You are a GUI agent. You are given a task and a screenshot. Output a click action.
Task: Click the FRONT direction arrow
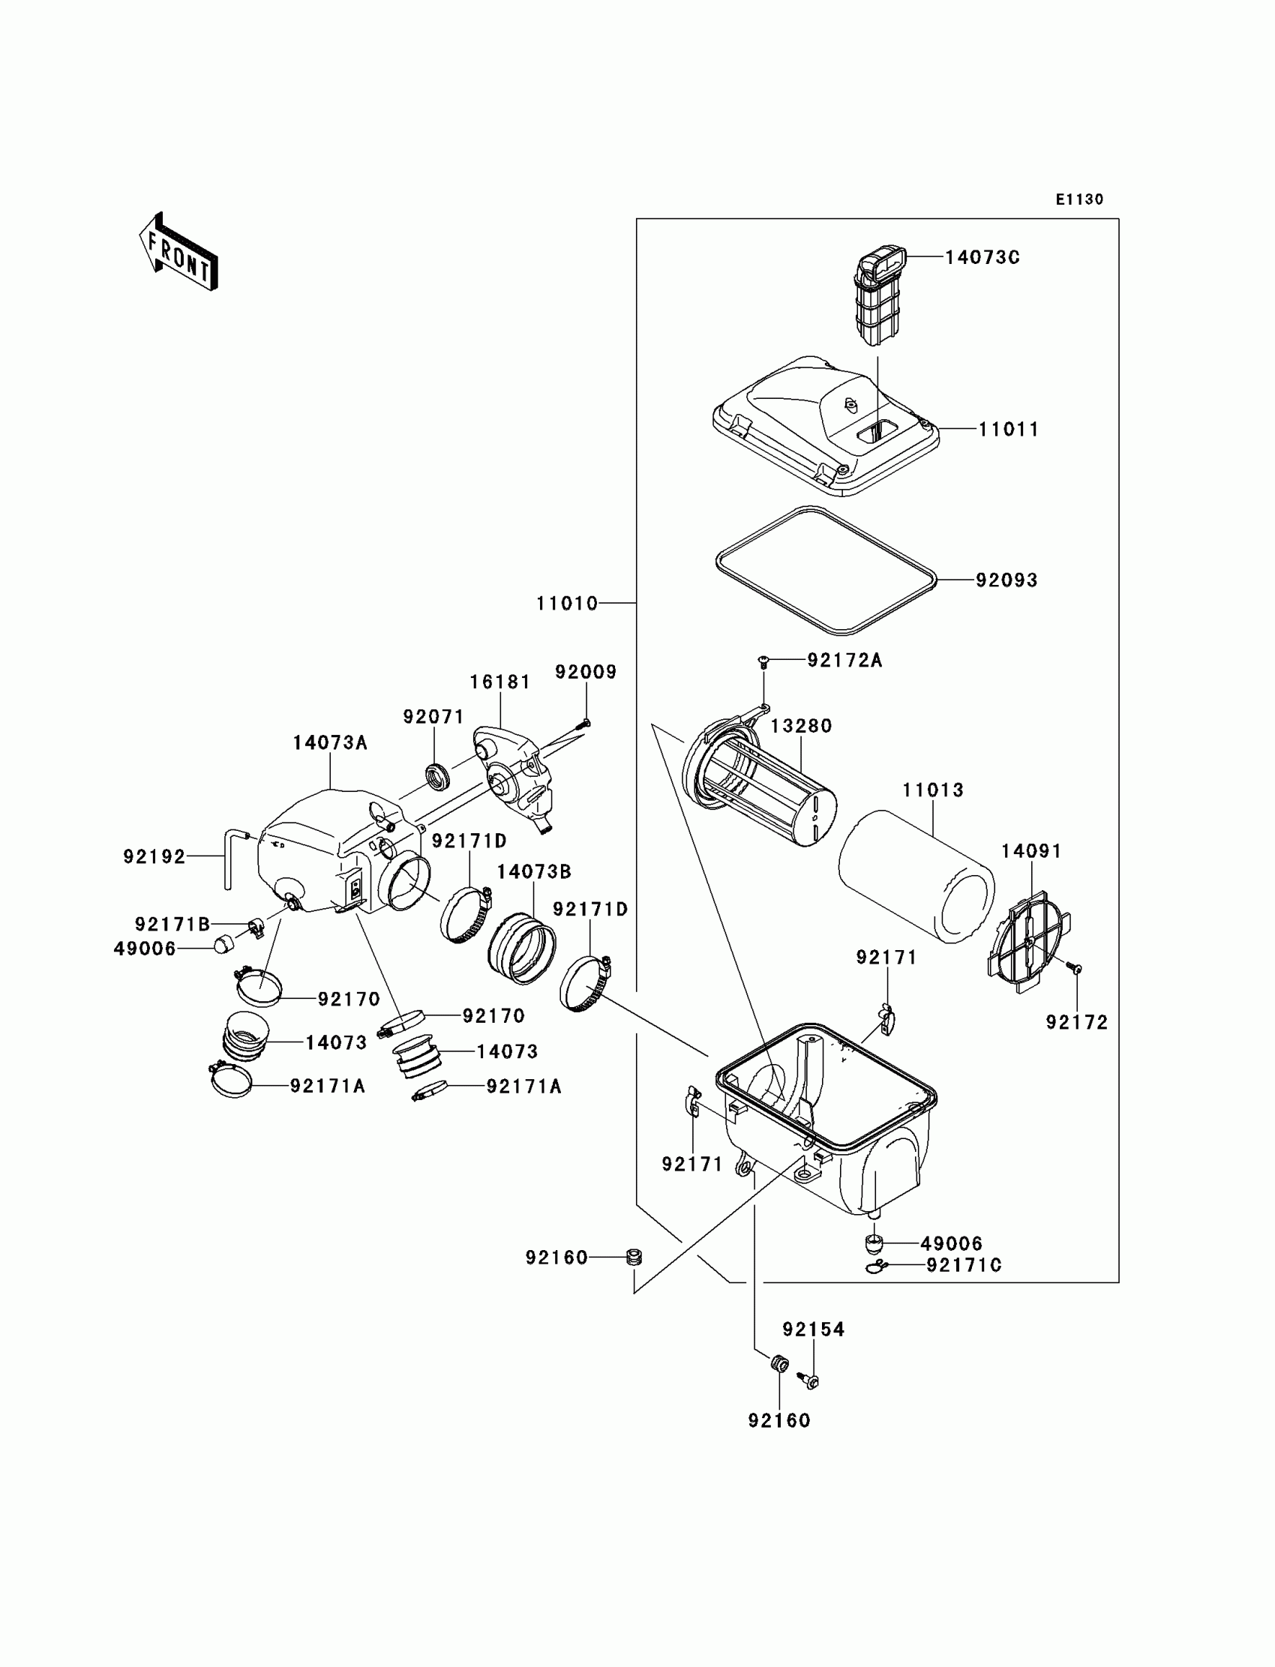(179, 252)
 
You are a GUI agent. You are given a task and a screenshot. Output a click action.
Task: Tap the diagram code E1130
(1079, 199)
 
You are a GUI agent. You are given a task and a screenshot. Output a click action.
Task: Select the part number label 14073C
(982, 258)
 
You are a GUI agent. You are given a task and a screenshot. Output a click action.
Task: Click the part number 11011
(1008, 430)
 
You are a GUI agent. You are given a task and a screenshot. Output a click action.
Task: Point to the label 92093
(1006, 580)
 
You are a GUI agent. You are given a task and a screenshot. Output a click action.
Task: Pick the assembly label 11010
(567, 604)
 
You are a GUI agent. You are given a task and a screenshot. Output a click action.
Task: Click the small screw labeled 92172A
(764, 662)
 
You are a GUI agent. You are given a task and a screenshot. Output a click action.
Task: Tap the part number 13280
(801, 726)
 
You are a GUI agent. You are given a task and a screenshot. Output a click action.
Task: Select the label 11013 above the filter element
(933, 790)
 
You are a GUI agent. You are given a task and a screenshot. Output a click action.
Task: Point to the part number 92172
(1077, 1023)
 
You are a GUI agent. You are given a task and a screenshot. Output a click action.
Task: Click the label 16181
(500, 682)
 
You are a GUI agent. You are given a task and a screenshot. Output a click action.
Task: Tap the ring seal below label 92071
(436, 777)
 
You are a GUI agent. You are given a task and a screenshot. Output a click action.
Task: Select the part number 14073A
(330, 743)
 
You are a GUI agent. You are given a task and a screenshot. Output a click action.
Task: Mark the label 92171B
(172, 924)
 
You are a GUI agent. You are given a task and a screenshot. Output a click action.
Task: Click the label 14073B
(533, 872)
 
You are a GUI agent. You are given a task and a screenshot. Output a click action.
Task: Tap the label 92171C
(964, 1265)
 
